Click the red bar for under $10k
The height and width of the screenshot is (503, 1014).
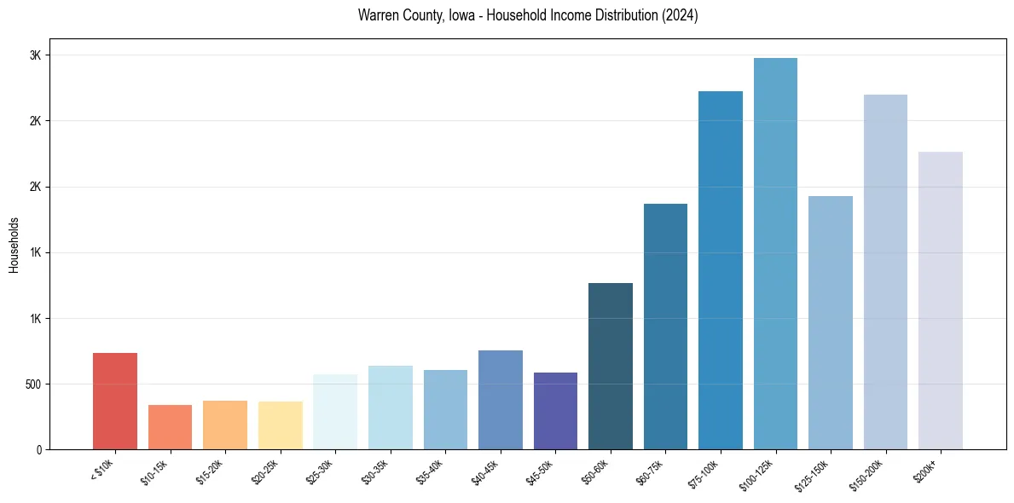click(115, 401)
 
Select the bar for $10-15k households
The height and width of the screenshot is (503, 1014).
click(170, 427)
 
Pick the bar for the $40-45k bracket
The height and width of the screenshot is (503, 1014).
click(501, 400)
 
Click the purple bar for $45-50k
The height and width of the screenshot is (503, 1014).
click(555, 411)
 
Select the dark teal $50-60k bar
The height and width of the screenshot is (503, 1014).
click(611, 367)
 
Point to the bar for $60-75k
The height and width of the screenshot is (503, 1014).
click(665, 327)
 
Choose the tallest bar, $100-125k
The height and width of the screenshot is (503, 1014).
click(775, 253)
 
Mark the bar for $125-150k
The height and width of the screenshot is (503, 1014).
click(831, 322)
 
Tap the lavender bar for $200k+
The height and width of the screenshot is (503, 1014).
click(941, 300)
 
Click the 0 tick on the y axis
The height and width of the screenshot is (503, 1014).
click(38, 450)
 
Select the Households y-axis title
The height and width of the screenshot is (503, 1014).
click(14, 244)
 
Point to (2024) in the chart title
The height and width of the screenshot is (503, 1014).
click(680, 15)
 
